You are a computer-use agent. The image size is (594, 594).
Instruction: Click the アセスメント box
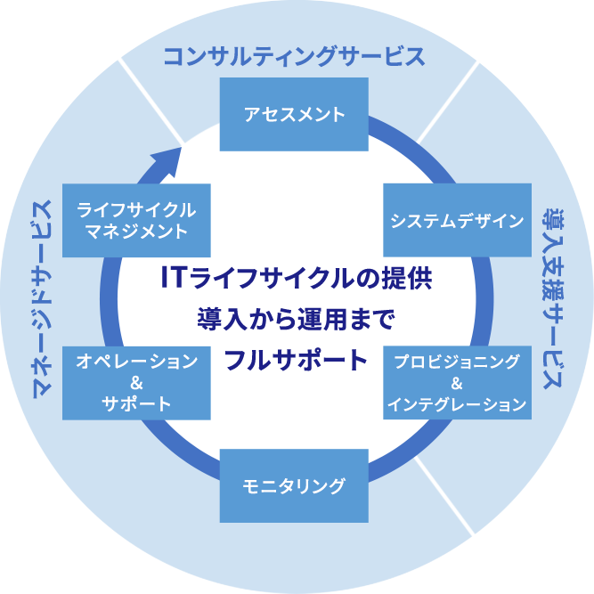294,114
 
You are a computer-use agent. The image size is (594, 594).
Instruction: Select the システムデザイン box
457,220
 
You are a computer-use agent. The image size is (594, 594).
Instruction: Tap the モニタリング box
294,485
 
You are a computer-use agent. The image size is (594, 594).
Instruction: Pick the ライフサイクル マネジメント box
136,220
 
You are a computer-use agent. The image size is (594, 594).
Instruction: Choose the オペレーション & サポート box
136,382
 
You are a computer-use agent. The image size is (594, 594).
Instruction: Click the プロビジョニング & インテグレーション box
457,382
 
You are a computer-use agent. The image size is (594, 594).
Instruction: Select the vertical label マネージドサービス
41,297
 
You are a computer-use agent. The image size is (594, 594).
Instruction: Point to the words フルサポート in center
296,360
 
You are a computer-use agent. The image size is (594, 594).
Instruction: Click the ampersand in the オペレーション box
136,383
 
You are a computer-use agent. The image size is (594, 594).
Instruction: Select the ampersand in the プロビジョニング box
457,384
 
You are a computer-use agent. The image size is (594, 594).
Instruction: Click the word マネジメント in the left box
136,232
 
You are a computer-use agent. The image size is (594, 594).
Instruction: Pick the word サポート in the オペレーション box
136,403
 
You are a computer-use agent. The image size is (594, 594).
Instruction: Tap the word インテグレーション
457,404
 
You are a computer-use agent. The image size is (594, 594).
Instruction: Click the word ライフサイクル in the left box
136,210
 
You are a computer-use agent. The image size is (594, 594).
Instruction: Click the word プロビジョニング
457,362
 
